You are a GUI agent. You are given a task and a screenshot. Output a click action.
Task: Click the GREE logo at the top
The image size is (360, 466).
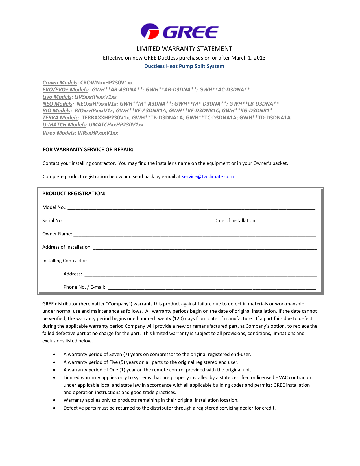point(180,31)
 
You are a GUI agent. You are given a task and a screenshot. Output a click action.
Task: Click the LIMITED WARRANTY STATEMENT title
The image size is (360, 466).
point(184,49)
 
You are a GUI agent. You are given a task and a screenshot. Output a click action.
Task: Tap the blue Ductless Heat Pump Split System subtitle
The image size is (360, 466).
point(184,66)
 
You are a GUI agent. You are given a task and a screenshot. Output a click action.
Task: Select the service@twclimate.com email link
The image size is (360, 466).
point(208,177)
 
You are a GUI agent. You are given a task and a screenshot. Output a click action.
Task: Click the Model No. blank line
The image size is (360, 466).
point(191,208)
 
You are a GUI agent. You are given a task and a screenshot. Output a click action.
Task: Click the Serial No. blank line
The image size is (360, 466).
point(138,221)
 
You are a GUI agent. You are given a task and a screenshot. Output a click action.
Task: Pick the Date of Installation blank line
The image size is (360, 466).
point(287,221)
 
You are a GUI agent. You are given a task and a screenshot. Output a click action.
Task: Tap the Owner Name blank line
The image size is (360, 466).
point(195,235)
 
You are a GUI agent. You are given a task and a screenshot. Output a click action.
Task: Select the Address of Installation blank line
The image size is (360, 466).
point(205,248)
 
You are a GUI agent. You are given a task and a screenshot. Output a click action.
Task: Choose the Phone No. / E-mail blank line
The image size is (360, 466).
point(211,288)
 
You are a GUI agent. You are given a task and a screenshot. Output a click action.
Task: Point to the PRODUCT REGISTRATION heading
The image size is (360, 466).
point(74,194)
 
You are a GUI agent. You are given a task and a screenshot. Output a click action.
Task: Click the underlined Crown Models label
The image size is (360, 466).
point(60,83)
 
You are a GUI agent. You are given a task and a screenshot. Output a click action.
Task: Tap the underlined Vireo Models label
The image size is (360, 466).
point(59,133)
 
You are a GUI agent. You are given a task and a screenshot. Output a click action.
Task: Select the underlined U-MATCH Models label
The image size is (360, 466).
point(64,125)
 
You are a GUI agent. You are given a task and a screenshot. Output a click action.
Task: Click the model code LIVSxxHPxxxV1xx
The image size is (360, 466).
point(95,97)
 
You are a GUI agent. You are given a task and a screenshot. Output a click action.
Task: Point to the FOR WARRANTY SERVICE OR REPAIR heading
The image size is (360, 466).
point(88,150)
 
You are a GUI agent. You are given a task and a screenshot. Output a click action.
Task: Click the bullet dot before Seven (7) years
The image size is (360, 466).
point(54,355)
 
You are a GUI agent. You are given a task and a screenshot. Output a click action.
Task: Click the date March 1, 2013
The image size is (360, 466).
point(248,58)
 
